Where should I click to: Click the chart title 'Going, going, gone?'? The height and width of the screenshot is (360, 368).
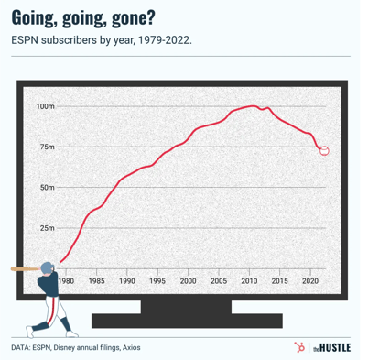(82, 16)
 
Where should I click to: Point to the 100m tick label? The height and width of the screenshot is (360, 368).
(45, 106)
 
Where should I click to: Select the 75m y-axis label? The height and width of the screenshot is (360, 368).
(47, 147)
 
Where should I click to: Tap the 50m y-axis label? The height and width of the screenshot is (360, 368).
(47, 187)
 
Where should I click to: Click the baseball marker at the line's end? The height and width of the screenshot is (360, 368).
(324, 150)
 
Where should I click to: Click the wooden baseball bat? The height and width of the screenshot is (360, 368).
(27, 268)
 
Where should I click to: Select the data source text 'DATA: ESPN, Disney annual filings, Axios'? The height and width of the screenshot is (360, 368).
(77, 348)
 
